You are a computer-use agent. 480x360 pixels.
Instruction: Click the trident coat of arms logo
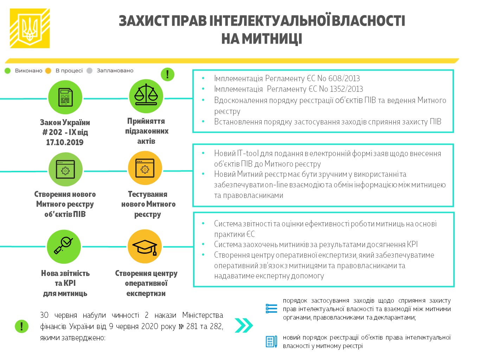[x=30, y=28]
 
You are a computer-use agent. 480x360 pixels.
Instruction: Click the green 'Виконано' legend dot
[x=8, y=71]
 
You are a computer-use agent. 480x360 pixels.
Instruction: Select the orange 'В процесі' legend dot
[x=48, y=71]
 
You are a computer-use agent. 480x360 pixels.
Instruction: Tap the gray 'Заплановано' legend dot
[x=89, y=71]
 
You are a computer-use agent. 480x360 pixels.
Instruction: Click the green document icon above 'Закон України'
[x=65, y=97]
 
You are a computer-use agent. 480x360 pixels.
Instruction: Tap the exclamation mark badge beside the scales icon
[x=167, y=74]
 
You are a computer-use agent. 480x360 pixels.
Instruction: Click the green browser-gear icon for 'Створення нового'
[x=65, y=169]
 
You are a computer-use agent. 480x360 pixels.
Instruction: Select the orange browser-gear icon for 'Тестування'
[x=145, y=168]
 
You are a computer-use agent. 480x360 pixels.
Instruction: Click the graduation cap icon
[x=145, y=246]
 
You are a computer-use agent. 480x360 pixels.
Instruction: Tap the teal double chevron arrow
[x=244, y=326]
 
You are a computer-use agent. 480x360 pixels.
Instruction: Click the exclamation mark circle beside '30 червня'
[x=22, y=326]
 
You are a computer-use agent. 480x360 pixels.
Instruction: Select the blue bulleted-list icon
[x=271, y=308]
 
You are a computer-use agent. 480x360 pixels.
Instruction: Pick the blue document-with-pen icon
[x=271, y=342]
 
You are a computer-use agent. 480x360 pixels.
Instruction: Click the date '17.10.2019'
[x=65, y=142]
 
